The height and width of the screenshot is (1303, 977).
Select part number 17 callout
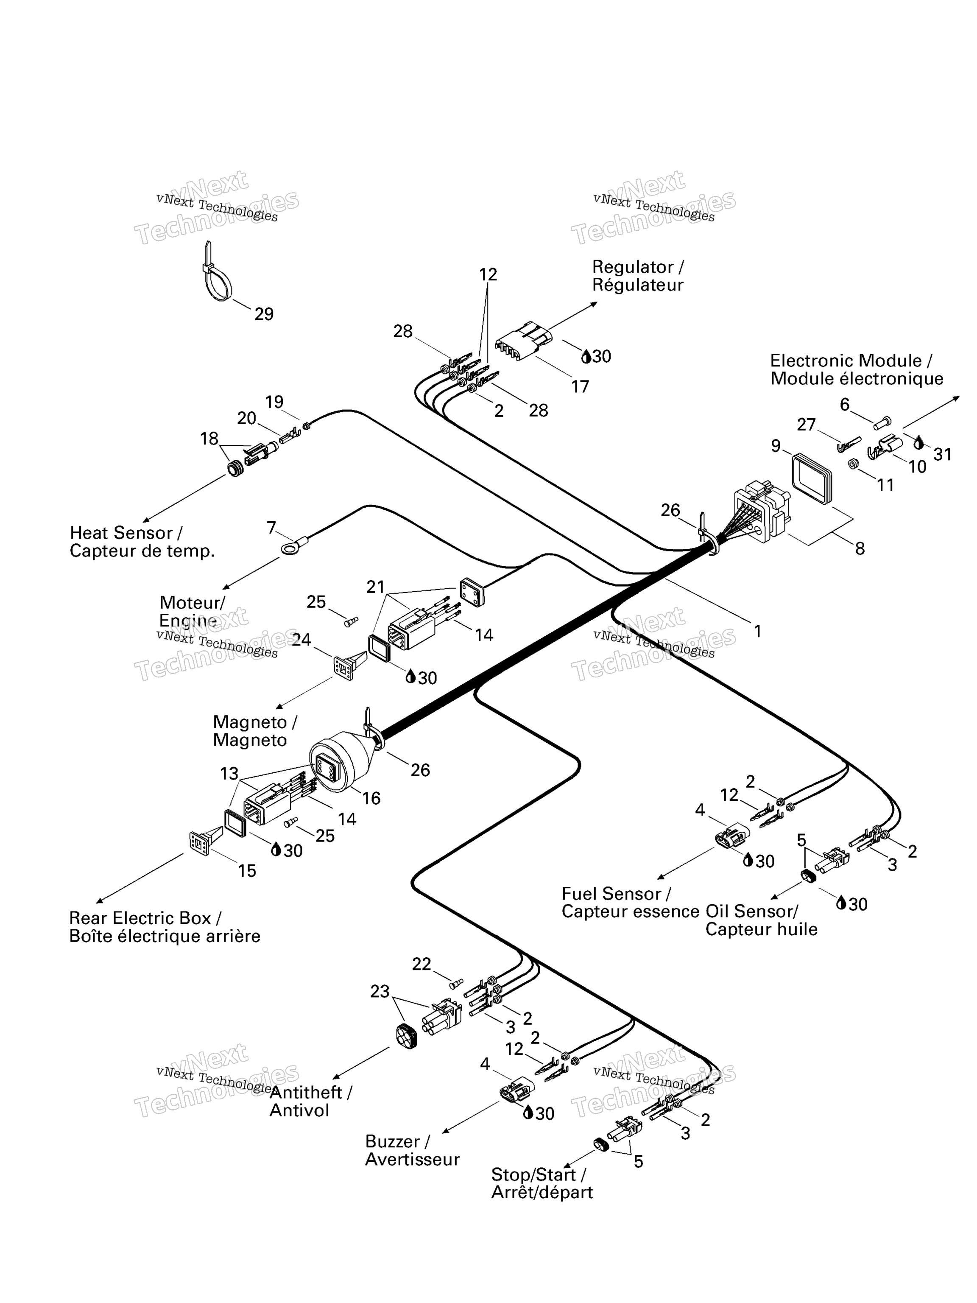[580, 386]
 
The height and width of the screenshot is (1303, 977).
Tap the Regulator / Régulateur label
[638, 276]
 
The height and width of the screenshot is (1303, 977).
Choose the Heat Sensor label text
[142, 542]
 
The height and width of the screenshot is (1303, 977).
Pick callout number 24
[301, 640]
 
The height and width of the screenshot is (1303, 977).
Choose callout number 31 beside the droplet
[942, 454]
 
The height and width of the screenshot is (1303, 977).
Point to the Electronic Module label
[857, 369]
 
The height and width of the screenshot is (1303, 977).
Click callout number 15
[247, 871]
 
